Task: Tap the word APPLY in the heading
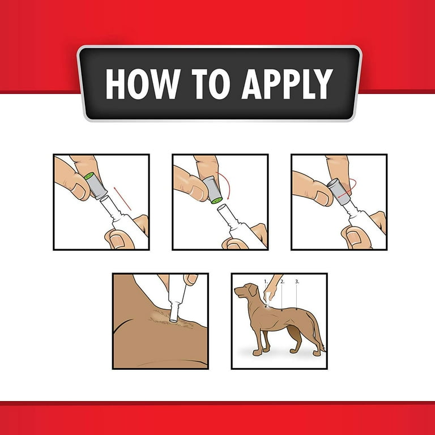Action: click(x=287, y=84)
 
